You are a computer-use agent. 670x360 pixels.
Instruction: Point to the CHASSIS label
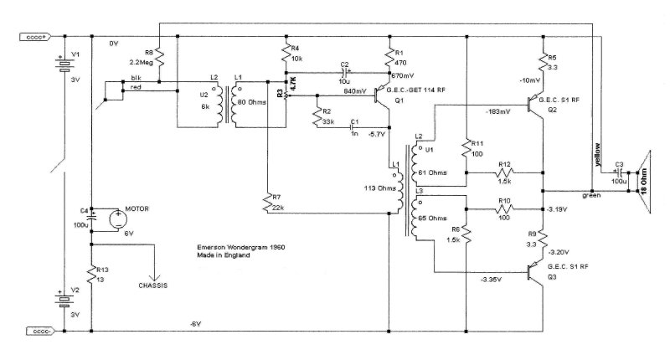[x=152, y=285]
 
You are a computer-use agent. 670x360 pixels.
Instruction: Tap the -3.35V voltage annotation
[x=493, y=279]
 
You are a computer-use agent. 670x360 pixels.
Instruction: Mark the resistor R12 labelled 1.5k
[x=504, y=172]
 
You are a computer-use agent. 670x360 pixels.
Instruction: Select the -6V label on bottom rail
[x=195, y=323]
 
